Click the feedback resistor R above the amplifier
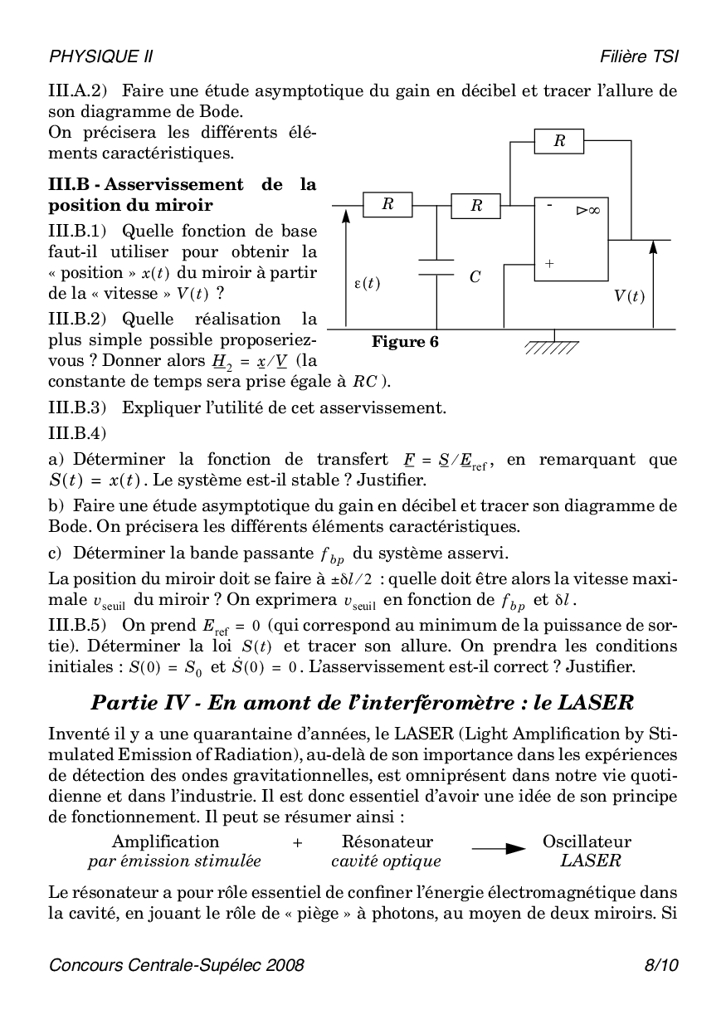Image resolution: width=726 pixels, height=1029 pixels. coord(559,142)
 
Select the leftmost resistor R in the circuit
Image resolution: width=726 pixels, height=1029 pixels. coord(387,203)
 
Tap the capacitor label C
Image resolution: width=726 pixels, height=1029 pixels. coord(475,277)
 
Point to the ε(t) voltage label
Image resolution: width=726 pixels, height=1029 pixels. coord(367,283)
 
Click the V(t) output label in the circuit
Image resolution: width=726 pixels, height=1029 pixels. coord(629,296)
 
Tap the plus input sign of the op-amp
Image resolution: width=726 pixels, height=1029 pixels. coord(548,263)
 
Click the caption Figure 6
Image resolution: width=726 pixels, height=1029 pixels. coord(405,342)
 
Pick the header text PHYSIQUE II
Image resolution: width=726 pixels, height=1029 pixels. coord(100,56)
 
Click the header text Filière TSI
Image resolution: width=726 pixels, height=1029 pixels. coord(639,56)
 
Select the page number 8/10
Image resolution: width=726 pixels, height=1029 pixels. coord(660,965)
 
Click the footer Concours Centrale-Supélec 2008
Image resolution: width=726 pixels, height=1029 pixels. coord(177,965)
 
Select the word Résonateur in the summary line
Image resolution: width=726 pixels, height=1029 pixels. coord(387,841)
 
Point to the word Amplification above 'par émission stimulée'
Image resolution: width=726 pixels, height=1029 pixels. coord(165,841)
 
